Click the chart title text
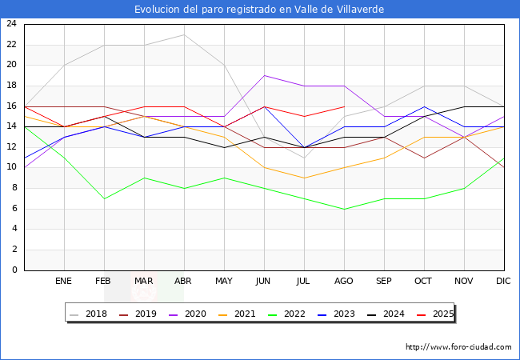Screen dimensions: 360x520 coord(259,10)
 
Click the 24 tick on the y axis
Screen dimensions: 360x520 coord(11,24)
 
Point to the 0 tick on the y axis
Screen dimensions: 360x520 coord(14,270)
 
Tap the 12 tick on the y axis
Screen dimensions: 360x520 coord(11,147)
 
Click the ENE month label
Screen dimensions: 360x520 coord(64,282)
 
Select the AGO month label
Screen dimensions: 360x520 coord(344,282)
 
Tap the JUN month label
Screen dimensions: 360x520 coord(264,282)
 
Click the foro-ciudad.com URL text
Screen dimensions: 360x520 coord(458,347)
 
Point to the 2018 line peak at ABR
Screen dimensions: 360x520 coord(184,34)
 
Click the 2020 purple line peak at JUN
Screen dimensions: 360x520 coord(264,75)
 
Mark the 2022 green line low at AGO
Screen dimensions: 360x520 coord(344,209)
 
